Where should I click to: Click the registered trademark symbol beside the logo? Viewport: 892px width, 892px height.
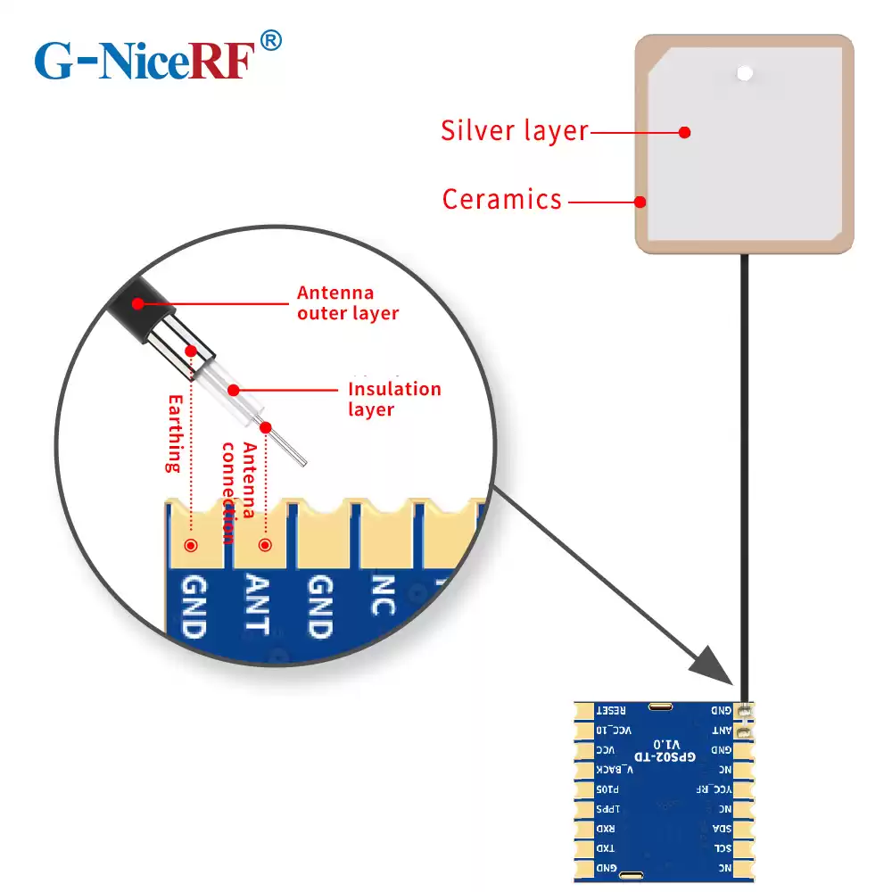pos(271,40)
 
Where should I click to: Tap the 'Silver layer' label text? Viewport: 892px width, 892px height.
pos(515,131)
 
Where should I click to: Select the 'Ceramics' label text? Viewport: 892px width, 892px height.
pos(502,199)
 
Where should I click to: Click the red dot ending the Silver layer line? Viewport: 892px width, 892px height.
pos(684,132)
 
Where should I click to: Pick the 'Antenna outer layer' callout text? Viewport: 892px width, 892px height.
pos(348,302)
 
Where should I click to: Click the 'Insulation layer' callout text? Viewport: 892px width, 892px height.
pos(393,399)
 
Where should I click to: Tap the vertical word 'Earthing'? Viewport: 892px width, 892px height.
pos(174,433)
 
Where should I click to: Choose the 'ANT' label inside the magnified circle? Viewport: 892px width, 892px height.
pos(256,604)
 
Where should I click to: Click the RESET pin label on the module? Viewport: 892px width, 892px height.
pos(612,711)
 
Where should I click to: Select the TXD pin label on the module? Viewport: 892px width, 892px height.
pos(607,848)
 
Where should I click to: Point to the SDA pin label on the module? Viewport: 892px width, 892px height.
pos(721,829)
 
